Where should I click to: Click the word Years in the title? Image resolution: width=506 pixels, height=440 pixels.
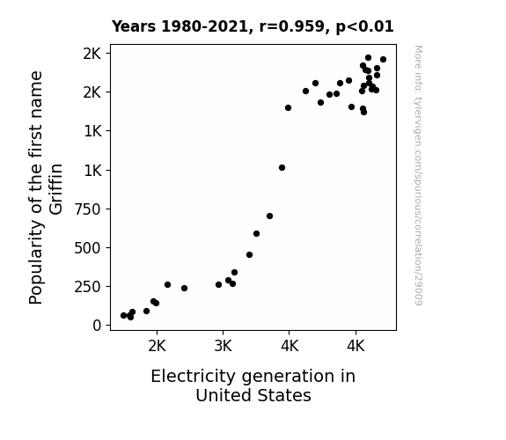point(134,26)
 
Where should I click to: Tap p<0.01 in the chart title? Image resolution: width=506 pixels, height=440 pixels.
point(364,27)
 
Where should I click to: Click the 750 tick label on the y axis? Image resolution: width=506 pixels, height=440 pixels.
point(88,209)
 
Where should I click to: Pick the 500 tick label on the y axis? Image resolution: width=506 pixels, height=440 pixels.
point(88,248)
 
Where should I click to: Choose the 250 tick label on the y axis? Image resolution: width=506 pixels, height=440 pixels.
point(88,287)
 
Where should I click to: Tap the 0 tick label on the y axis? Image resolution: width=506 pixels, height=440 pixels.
point(97,326)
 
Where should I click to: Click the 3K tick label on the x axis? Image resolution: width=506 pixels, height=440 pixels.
point(224,347)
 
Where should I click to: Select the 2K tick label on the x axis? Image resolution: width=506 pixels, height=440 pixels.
point(158,347)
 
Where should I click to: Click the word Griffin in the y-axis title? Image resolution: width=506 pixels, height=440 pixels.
point(56,189)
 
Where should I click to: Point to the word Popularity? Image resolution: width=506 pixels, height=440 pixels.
point(36,262)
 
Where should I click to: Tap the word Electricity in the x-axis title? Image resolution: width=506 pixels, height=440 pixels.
point(193,376)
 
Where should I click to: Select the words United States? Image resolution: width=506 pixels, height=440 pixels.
point(253,395)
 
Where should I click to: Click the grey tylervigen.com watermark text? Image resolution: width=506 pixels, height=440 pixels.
point(419,175)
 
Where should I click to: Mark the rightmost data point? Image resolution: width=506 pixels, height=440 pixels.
point(383,59)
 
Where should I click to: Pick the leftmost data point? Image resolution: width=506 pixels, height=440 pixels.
point(123,315)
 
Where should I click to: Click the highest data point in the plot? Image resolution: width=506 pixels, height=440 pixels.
point(368,58)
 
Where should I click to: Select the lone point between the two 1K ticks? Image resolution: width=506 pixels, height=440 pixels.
point(282,167)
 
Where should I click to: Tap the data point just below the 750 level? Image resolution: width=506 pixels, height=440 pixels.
point(270,216)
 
